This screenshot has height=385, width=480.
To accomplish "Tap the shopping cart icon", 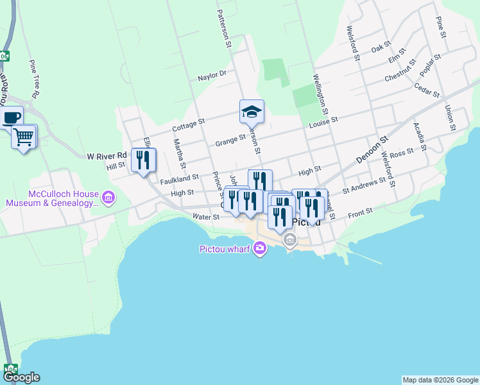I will (x=24, y=136).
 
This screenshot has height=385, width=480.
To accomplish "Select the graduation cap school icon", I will (x=252, y=112).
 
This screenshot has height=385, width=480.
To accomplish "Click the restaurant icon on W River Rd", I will (x=143, y=160).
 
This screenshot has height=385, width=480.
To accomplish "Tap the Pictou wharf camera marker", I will (x=260, y=248).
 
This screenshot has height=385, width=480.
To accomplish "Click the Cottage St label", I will (x=188, y=124).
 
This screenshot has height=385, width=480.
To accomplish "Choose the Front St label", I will (x=360, y=213).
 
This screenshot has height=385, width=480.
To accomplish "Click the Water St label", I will (x=206, y=217).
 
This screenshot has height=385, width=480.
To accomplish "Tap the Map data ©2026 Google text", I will (x=440, y=380).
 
